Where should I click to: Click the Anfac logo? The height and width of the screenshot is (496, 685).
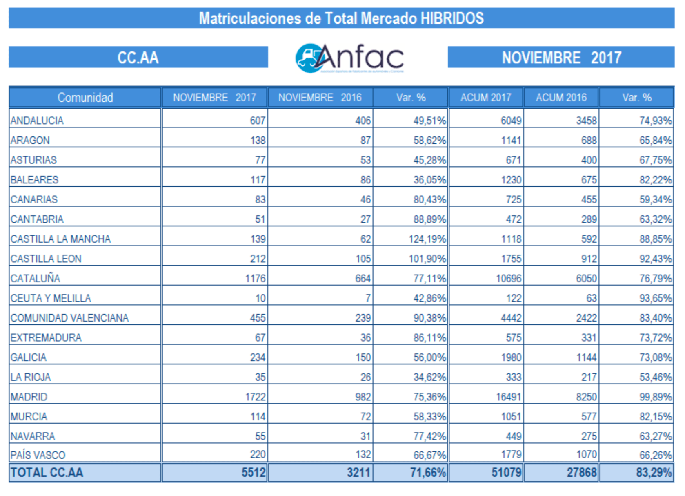coord(349,58)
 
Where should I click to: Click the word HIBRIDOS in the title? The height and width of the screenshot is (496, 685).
coord(452,18)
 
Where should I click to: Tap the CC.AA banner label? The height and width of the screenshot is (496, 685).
coord(138,58)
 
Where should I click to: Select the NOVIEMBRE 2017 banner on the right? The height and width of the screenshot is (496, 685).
coord(561,58)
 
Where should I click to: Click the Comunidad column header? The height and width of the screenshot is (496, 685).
coord(85,98)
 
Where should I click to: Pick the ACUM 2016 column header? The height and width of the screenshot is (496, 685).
coord(561,98)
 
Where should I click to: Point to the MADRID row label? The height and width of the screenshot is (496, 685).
coord(29,397)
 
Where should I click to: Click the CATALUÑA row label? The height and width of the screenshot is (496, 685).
coord(36,278)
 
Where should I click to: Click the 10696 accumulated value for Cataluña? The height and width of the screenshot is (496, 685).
coord(508,278)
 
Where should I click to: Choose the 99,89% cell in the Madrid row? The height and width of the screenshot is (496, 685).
coord(655,397)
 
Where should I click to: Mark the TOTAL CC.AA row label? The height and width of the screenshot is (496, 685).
coord(47,473)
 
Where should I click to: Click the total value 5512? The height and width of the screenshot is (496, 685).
coord(254,473)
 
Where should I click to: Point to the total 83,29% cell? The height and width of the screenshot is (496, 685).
coord(654,473)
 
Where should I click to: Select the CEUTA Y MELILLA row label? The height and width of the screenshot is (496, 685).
coord(51,298)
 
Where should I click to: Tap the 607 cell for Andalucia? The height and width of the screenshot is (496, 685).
coord(258,121)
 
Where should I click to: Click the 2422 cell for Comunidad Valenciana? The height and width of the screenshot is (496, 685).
coord(586,318)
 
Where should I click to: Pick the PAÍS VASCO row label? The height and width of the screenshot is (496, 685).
coord(38,455)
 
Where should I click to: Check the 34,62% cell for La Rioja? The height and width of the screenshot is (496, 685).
coord(429,377)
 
